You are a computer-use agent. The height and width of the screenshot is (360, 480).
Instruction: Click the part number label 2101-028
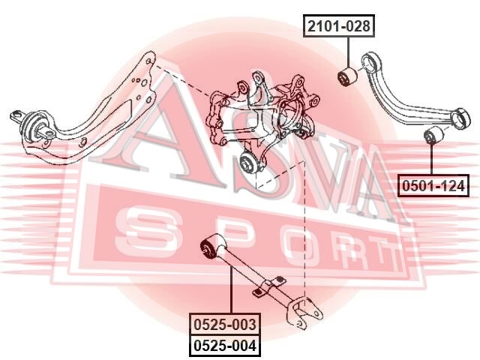coord(339,25)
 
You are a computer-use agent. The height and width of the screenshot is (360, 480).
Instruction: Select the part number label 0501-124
coord(433,185)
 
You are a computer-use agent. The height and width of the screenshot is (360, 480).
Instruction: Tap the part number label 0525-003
coord(225,324)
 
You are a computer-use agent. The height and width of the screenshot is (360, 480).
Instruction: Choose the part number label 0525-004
coord(225,346)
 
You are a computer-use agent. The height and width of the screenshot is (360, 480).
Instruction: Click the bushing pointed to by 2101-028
coord(346,76)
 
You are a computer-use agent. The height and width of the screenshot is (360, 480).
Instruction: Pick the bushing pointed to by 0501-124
coord(432,135)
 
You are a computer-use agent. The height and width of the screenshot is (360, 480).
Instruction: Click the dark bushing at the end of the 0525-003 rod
coord(208,248)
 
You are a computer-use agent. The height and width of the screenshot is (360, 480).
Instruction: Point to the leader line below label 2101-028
coord(348,52)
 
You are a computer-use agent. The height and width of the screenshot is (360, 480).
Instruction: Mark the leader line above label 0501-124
coord(431,159)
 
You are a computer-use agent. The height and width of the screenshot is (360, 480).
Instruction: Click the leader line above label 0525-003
coord(231,290)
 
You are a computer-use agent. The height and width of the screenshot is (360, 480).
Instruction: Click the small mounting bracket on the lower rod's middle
coord(269,286)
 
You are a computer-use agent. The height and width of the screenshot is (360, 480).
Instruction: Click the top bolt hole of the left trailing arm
coord(148,61)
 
